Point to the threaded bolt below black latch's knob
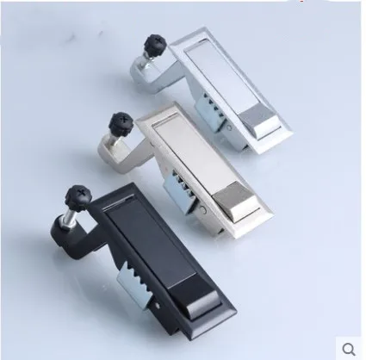[x=68, y=216]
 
